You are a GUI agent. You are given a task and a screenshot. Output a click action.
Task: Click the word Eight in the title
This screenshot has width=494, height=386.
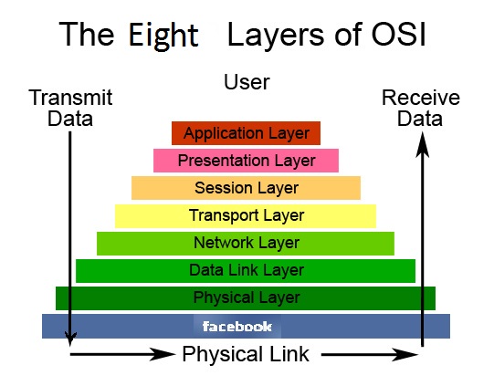(163, 37)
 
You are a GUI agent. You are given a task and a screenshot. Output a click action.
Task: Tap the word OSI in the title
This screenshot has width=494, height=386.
(398, 34)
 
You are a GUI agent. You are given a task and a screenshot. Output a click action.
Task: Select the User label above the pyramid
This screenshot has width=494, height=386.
(247, 82)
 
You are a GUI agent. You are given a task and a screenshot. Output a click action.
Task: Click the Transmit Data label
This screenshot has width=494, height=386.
(70, 108)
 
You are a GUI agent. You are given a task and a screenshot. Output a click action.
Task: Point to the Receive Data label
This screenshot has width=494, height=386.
(421, 108)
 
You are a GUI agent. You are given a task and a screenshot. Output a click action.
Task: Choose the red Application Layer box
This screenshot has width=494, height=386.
(246, 133)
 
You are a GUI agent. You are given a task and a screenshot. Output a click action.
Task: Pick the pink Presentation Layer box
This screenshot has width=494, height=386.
(246, 161)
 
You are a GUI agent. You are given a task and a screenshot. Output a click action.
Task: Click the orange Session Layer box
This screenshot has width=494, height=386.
(246, 188)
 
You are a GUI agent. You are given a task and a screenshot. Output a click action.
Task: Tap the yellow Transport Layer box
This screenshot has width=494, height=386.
(246, 215)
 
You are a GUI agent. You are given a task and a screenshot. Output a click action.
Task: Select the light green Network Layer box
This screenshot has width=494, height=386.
(246, 244)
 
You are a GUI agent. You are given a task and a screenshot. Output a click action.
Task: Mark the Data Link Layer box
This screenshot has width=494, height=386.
(246, 271)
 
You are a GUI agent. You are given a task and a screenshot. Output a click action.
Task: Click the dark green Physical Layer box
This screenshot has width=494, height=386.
(246, 298)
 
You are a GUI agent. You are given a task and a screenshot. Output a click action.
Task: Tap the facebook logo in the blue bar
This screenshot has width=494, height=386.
(237, 326)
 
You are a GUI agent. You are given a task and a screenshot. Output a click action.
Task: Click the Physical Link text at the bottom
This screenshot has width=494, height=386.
(246, 354)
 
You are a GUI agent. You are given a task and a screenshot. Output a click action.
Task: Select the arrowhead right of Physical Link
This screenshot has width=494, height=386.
(405, 355)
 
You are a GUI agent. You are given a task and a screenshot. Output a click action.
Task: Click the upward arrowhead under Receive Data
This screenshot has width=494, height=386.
(423, 144)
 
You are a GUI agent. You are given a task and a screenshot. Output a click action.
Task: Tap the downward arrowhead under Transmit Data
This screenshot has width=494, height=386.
(70, 339)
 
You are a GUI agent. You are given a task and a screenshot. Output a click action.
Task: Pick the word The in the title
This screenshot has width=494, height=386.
(87, 34)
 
